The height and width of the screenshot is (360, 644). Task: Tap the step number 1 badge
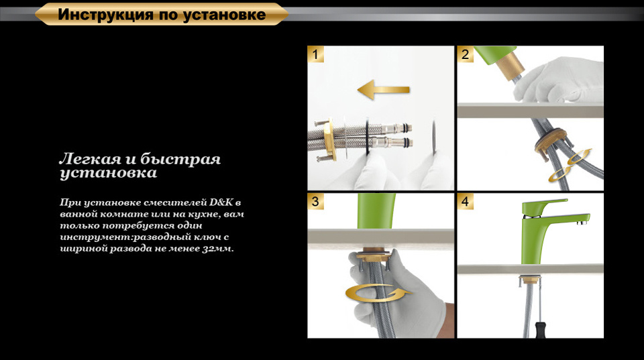click(315, 54)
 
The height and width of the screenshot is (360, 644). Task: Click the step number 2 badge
click(466, 54)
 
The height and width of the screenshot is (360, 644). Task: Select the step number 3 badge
click(315, 202)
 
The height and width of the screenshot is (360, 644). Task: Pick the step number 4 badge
click(466, 202)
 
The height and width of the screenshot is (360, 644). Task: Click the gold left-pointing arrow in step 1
click(383, 89)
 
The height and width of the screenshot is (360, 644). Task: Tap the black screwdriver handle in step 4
click(540, 330)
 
